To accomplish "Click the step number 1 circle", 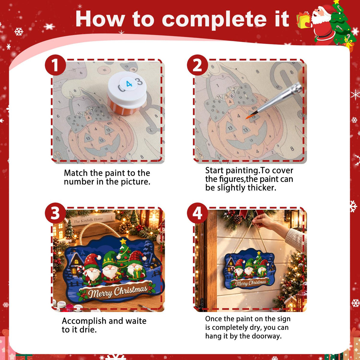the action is [x=55, y=65].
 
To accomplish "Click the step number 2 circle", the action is [x=197, y=65].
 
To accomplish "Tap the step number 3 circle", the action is [x=55, y=213].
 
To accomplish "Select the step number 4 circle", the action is [x=197, y=213].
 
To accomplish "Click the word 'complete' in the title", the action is [x=214, y=19].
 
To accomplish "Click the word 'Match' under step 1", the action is [x=76, y=173].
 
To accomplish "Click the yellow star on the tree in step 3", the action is [x=123, y=241].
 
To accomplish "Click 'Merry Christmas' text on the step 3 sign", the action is [x=118, y=291].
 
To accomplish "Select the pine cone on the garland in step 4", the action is [x=238, y=219].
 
